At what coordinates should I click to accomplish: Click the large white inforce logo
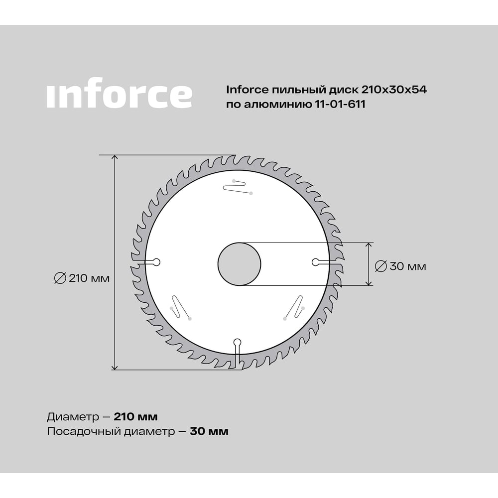pos(120,93)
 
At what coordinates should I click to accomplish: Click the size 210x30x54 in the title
pos(394,90)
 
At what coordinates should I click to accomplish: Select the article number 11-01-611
pos(340,104)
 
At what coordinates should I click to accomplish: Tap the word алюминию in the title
pos(278,104)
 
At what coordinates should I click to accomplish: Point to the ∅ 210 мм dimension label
pos(82,278)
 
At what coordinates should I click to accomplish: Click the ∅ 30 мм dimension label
pos(400,266)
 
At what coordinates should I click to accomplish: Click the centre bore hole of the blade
pos(240,264)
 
